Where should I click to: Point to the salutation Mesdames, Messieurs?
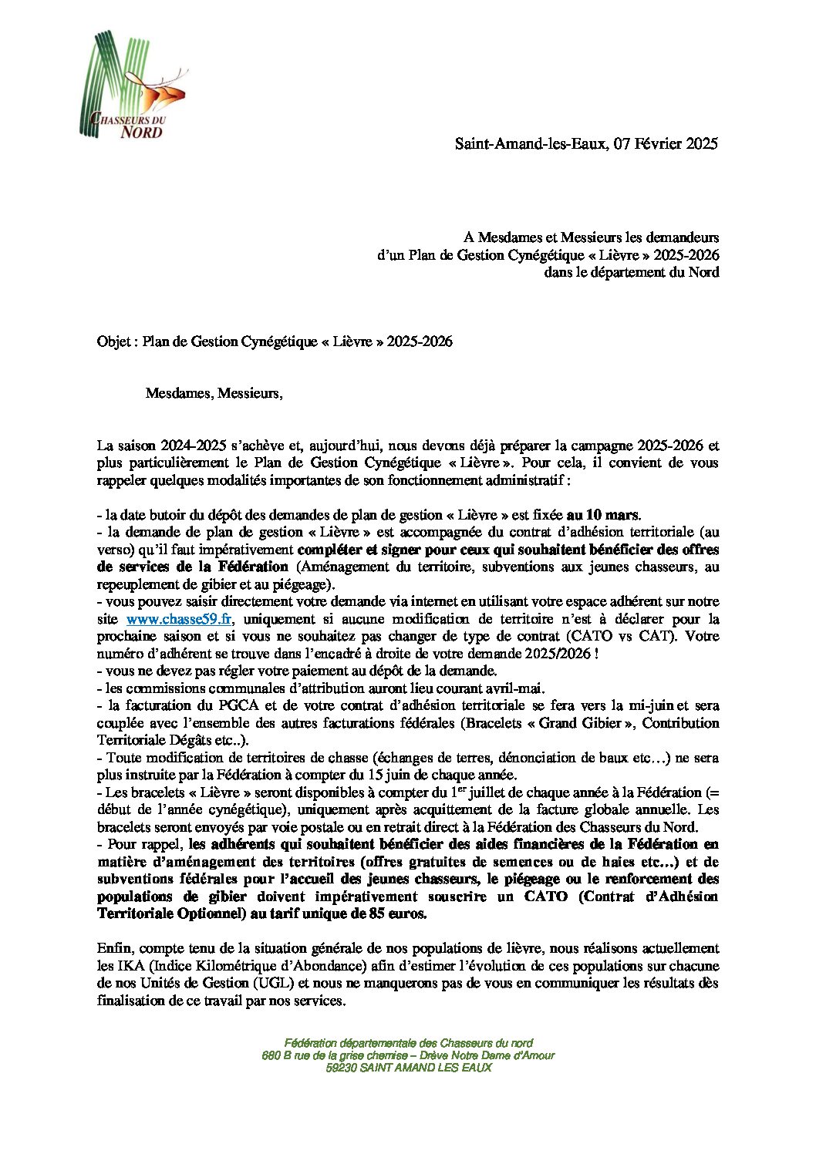pyautogui.click(x=214, y=394)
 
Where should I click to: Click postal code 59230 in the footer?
pyautogui.click(x=342, y=1068)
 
